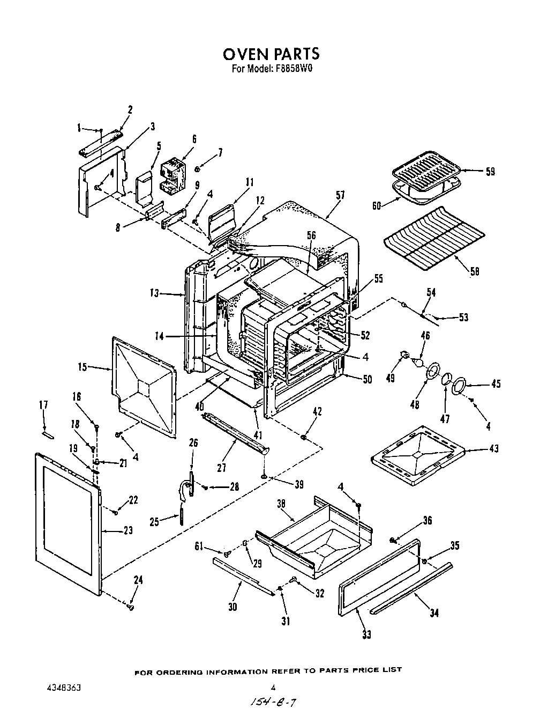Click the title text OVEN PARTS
point(271,54)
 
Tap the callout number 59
point(489,172)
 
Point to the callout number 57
point(340,196)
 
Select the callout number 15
point(82,367)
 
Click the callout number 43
point(493,448)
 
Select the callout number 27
point(222,468)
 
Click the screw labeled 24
point(130,607)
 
